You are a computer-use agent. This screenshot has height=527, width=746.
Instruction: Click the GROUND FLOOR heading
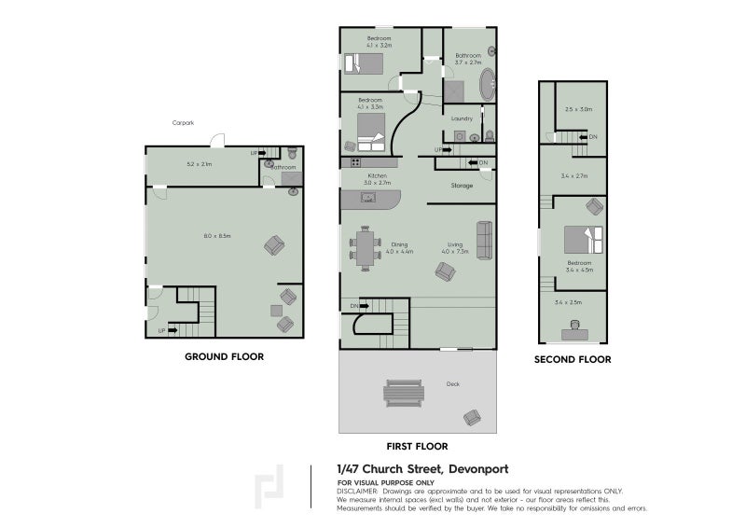click(224, 356)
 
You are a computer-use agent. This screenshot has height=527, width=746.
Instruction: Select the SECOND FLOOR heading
click(572, 359)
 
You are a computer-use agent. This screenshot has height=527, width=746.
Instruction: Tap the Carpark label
click(183, 123)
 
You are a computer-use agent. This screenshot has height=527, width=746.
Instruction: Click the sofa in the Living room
click(484, 240)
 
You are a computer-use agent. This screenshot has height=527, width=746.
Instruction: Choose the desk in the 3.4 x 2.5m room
click(573, 330)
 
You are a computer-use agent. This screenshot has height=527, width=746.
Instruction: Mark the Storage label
click(462, 186)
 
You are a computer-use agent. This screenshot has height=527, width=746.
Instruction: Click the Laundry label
click(462, 118)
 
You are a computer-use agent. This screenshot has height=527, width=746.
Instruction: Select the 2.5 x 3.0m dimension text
click(578, 109)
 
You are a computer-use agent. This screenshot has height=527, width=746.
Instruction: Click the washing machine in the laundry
click(459, 136)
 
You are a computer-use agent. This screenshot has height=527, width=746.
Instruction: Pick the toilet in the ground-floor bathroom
click(292, 152)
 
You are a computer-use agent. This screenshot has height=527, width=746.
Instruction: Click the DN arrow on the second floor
click(588, 138)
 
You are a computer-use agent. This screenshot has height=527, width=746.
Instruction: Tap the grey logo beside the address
click(271, 487)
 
